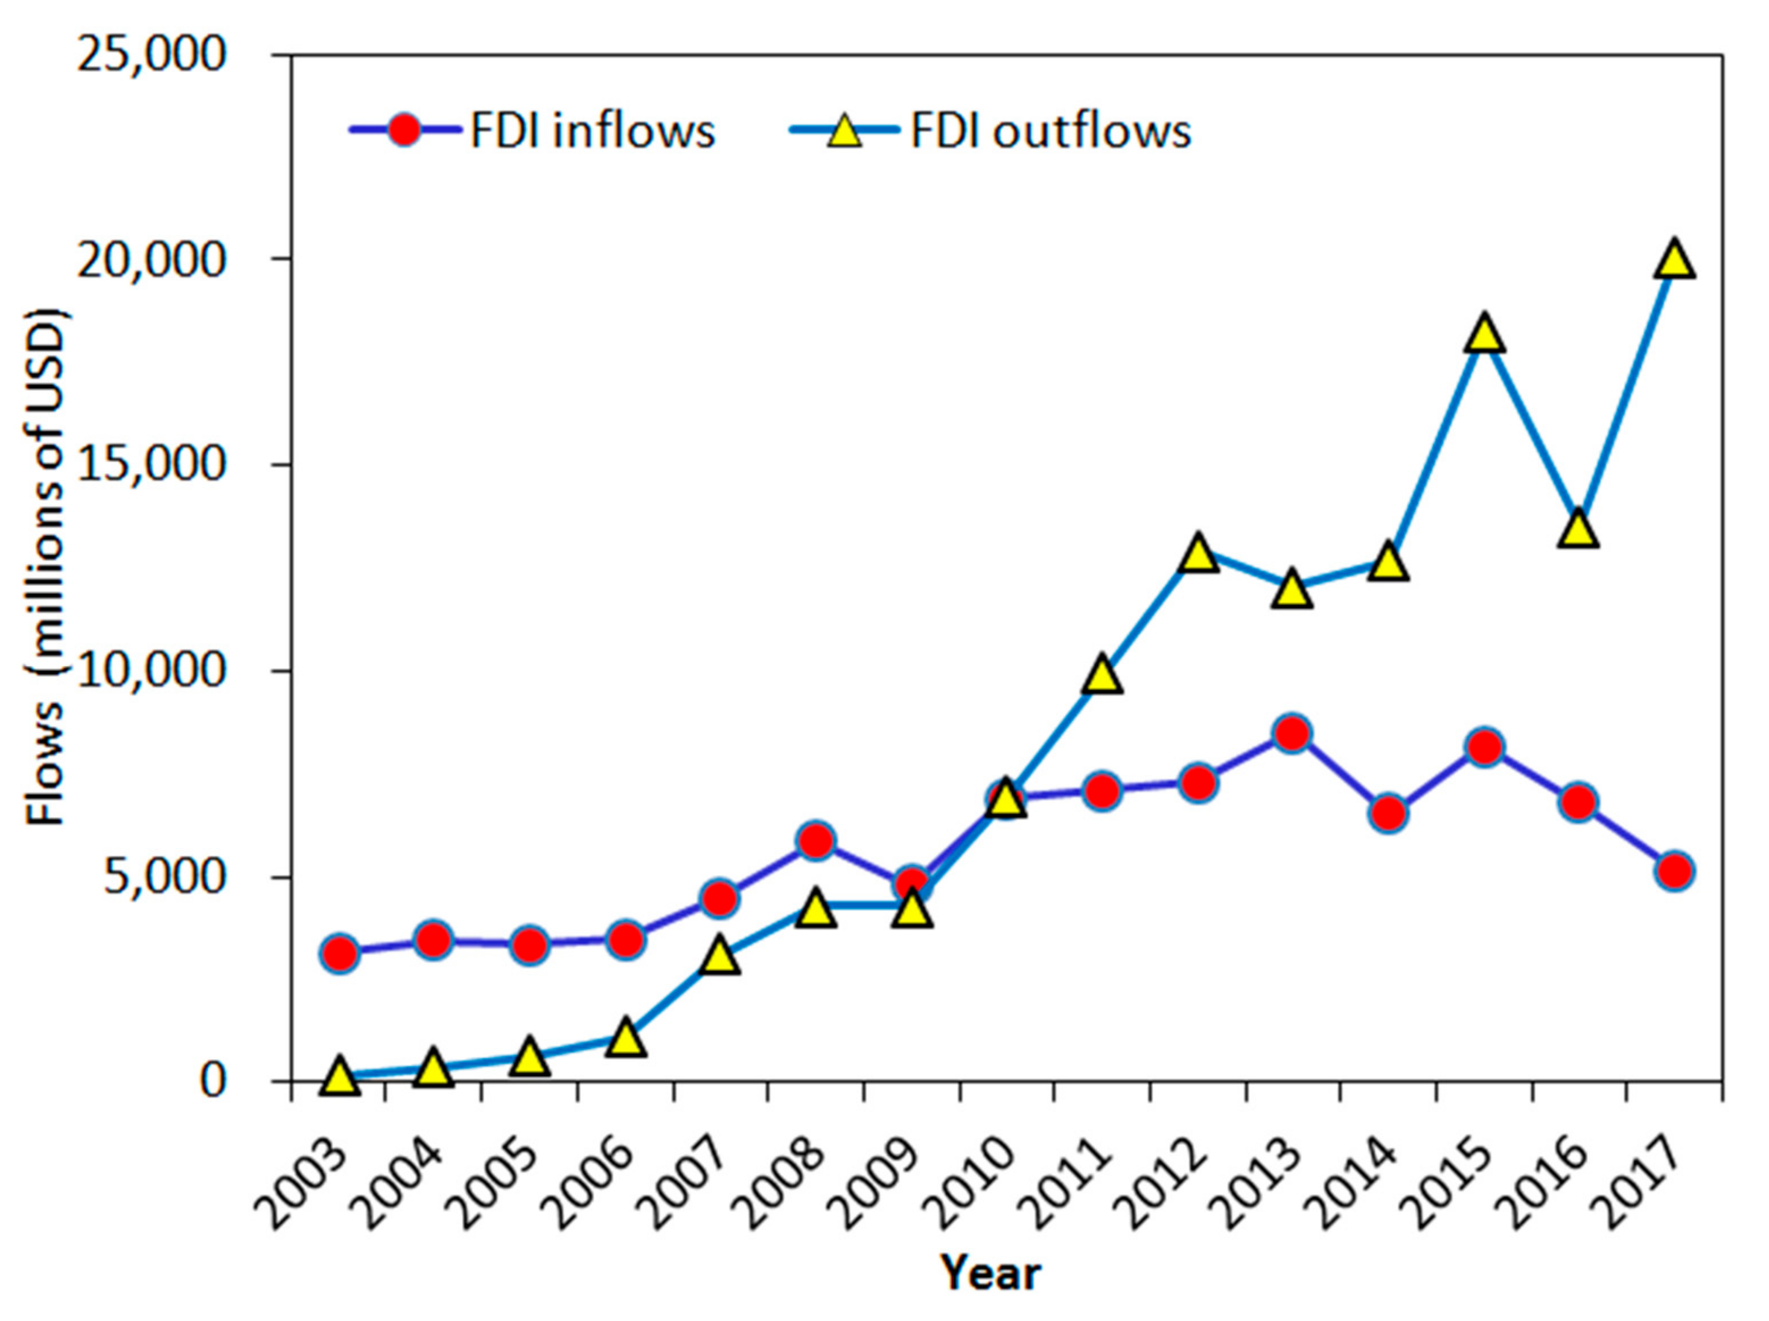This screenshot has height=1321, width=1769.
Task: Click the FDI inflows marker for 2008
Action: click(816, 841)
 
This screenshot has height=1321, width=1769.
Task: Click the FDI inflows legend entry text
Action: click(593, 130)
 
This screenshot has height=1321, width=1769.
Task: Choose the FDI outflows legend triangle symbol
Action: click(844, 130)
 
